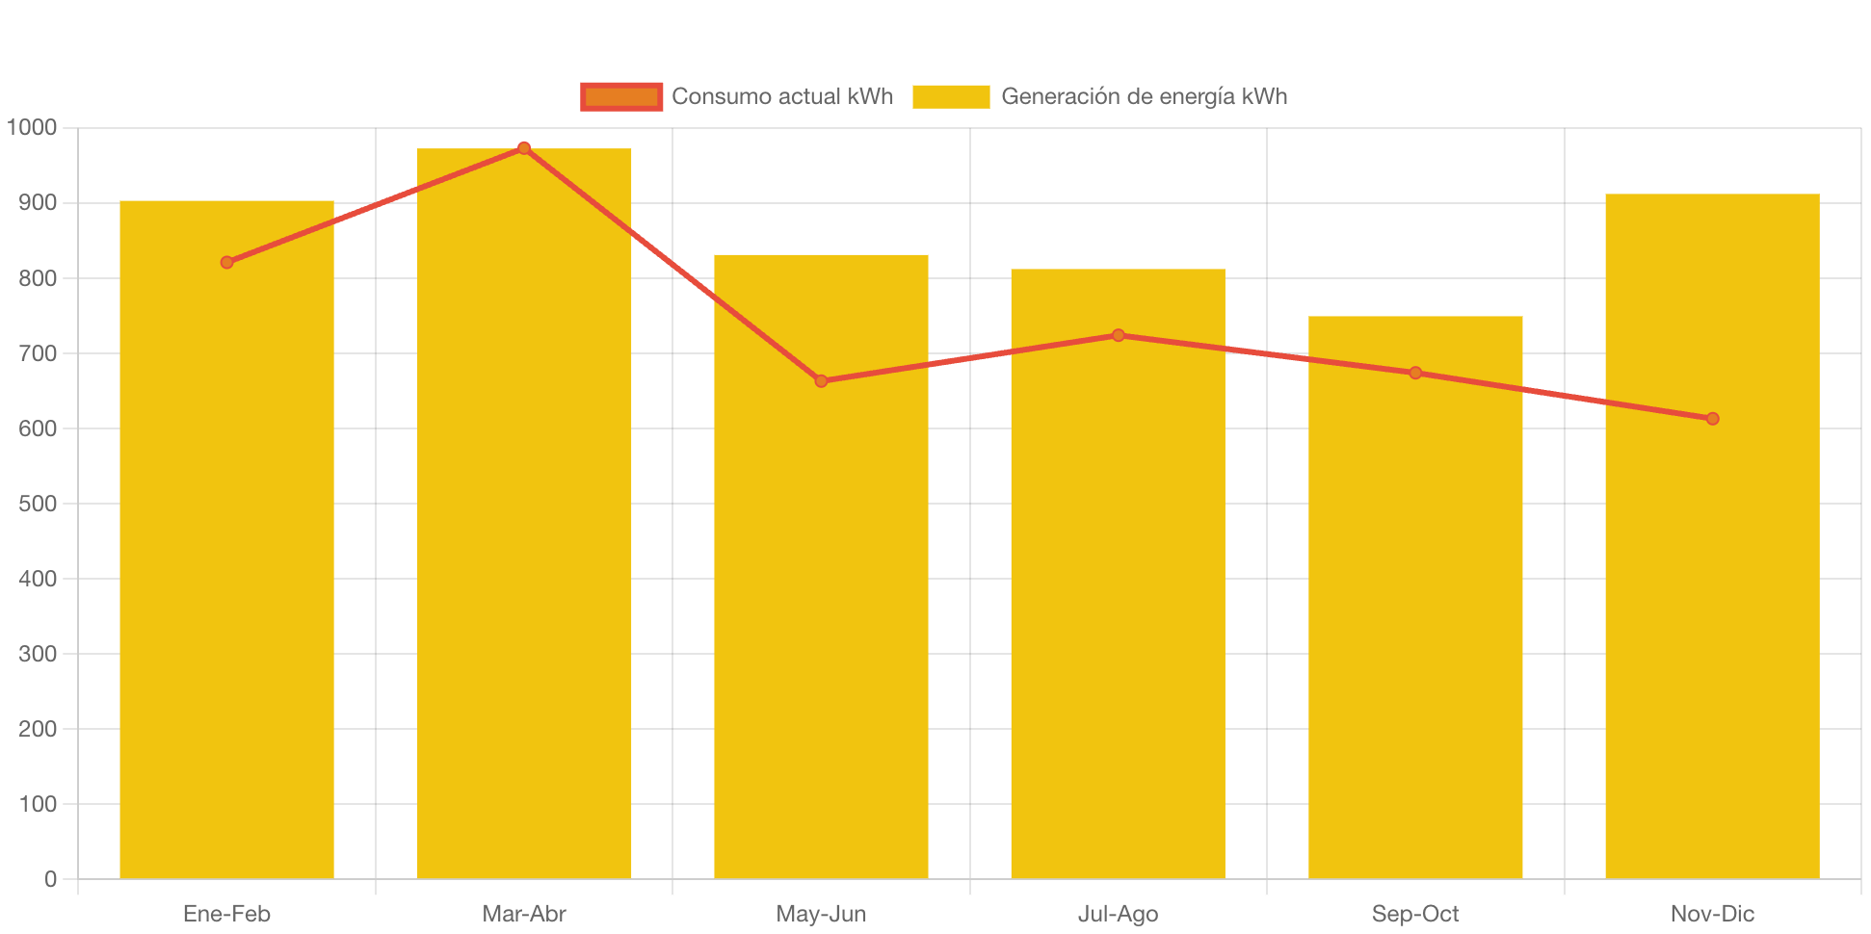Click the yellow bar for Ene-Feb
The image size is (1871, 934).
pos(226,578)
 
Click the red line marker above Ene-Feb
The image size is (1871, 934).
pos(227,262)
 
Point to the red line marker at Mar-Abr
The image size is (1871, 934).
pos(524,148)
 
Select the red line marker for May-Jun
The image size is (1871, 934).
pos(821,381)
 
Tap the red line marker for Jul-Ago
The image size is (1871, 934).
pos(1118,335)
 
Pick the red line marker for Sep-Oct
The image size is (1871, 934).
pos(1415,373)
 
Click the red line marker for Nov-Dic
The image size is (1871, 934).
pos(1712,418)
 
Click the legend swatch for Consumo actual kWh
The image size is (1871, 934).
pos(621,96)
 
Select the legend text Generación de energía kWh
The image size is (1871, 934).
pos(1144,96)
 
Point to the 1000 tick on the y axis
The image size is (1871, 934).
pos(32,127)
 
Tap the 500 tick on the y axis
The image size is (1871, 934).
pos(38,504)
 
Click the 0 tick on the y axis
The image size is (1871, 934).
pos(50,879)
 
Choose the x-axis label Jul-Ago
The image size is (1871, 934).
pos(1118,914)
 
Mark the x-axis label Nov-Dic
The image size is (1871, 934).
pos(1712,914)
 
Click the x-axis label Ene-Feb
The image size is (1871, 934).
pos(226,914)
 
